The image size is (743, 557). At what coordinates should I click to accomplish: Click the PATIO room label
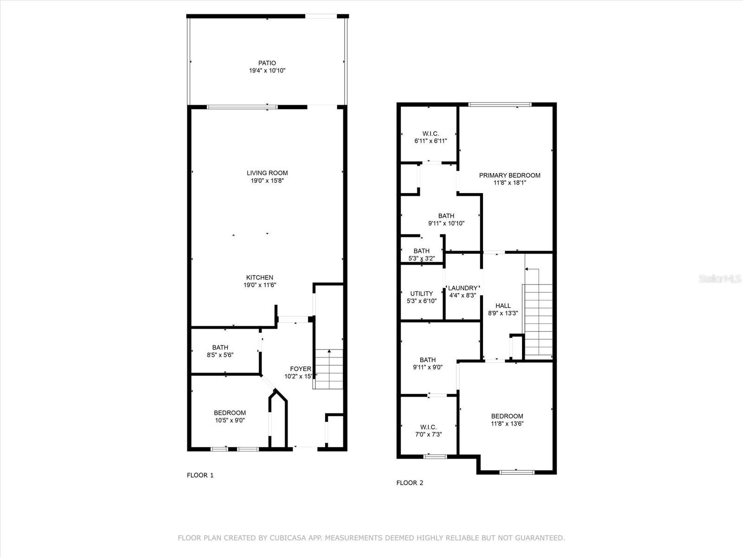267,63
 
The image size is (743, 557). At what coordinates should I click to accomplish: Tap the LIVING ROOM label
267,173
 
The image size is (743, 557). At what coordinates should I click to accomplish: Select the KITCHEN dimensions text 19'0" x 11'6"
260,285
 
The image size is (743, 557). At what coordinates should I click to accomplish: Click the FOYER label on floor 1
300,369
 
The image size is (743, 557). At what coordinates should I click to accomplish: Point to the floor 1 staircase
329,369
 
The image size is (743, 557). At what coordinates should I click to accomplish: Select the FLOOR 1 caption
200,475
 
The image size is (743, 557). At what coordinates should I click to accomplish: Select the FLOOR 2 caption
410,483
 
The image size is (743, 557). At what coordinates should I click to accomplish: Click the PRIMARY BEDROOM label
509,175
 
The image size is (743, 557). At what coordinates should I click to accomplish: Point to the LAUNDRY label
463,288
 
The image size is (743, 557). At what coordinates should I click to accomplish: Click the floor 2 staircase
538,320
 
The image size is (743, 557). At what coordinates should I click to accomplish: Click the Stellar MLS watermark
720,279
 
